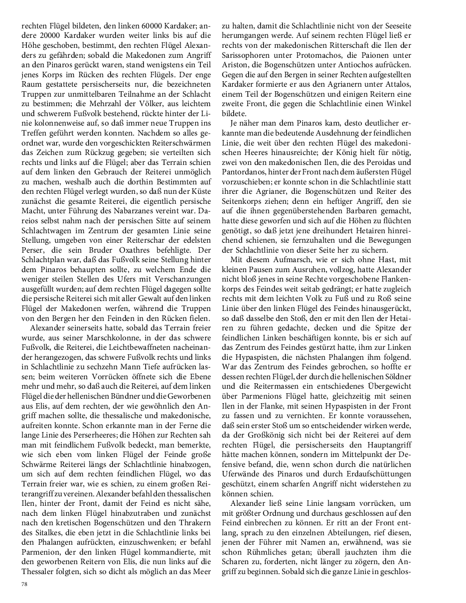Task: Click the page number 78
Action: click(x=23, y=583)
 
